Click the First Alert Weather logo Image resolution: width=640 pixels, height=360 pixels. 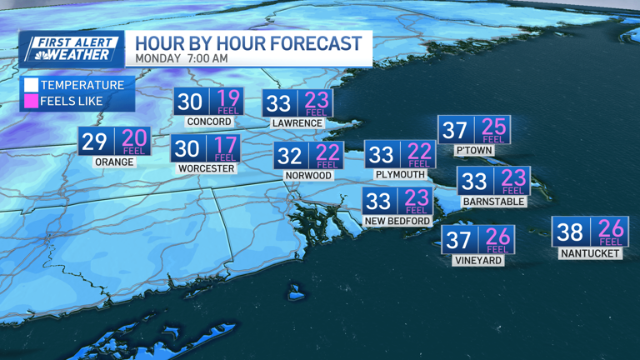click(x=72, y=49)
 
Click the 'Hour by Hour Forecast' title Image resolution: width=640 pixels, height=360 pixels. click(x=248, y=43)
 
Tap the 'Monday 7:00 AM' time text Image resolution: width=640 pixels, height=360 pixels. click(x=182, y=59)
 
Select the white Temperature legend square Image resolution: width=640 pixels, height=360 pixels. click(x=31, y=85)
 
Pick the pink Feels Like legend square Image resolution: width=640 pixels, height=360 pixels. click(x=31, y=101)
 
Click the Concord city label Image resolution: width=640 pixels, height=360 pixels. click(x=208, y=122)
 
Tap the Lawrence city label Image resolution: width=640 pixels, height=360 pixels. click(x=297, y=123)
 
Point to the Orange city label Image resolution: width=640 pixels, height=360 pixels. click(x=114, y=162)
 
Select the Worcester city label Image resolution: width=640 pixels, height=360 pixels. click(x=206, y=168)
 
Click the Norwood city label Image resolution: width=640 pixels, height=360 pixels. click(x=307, y=175)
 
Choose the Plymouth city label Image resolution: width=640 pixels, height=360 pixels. click(x=401, y=175)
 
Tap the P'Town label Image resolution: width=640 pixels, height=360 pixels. click(x=473, y=151)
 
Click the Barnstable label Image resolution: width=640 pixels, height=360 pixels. click(x=492, y=201)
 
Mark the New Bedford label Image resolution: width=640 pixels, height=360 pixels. click(x=397, y=221)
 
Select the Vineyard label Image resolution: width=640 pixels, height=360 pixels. click(x=477, y=260)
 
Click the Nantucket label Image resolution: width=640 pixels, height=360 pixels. click(x=590, y=252)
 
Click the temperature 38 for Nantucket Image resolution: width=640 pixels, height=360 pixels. click(x=570, y=231)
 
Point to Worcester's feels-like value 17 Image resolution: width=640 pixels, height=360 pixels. click(x=225, y=147)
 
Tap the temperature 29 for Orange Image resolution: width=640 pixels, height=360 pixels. click(x=94, y=142)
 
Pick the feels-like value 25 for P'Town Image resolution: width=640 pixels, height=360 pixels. click(x=493, y=128)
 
